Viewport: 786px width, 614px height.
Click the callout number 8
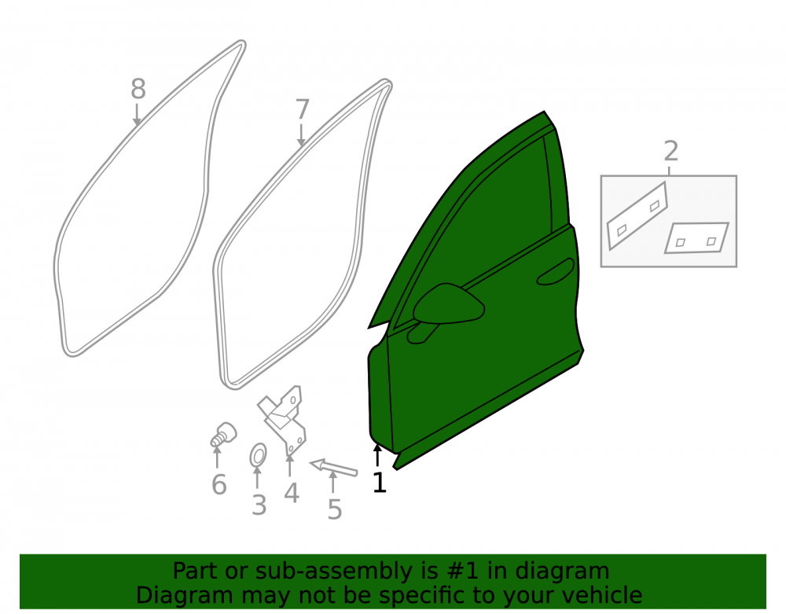pyautogui.click(x=138, y=89)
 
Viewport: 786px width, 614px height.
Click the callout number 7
pyautogui.click(x=303, y=109)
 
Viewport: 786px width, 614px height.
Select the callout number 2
pyautogui.click(x=671, y=151)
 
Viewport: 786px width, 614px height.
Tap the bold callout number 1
pyautogui.click(x=380, y=482)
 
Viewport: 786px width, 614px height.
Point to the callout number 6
pyautogui.click(x=219, y=485)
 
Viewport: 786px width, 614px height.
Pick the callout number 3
pyautogui.click(x=259, y=505)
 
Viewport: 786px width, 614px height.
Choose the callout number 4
pyautogui.click(x=292, y=493)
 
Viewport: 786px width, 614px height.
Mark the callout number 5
pyautogui.click(x=334, y=509)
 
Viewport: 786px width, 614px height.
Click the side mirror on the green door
pyautogui.click(x=447, y=307)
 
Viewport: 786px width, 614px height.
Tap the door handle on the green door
pyautogui.click(x=556, y=272)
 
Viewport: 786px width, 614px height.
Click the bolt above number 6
pyautogui.click(x=223, y=434)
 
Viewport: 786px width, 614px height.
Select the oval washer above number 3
pyautogui.click(x=258, y=456)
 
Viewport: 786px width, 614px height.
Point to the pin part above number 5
pyautogui.click(x=333, y=467)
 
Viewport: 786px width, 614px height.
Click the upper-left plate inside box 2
pyautogui.click(x=637, y=215)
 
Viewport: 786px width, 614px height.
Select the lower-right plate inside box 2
pyautogui.click(x=696, y=237)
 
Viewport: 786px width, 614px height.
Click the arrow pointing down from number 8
pyautogui.click(x=137, y=115)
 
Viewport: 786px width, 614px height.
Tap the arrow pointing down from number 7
pyautogui.click(x=301, y=135)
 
